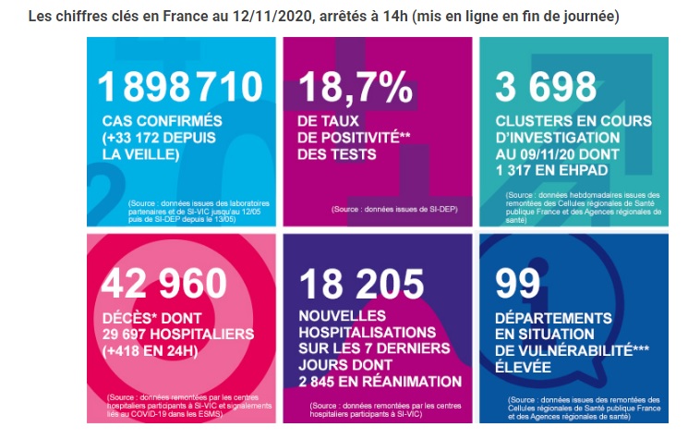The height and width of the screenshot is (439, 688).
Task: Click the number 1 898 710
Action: click(x=180, y=87)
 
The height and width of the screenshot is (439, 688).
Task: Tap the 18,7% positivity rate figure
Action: click(x=356, y=88)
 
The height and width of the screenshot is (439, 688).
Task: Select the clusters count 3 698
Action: click(x=546, y=87)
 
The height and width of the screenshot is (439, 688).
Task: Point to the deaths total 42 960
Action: click(x=163, y=284)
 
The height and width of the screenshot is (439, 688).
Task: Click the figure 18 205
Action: click(x=362, y=284)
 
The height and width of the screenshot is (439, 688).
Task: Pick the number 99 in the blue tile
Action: click(x=518, y=284)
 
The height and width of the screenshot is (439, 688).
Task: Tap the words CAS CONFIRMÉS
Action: click(x=163, y=121)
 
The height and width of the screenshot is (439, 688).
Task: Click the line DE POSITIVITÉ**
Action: click(x=354, y=138)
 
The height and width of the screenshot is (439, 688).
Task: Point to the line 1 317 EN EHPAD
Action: click(x=552, y=170)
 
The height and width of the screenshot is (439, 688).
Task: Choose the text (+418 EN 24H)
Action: click(x=150, y=351)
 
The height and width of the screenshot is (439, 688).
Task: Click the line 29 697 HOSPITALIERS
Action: click(x=178, y=334)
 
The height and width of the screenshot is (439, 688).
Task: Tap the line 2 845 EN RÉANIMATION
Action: click(x=380, y=382)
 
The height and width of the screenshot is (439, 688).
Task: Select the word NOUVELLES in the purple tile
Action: click(x=343, y=316)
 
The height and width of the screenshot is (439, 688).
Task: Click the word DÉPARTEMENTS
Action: click(x=553, y=318)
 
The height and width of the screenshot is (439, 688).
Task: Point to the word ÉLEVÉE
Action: click(x=523, y=367)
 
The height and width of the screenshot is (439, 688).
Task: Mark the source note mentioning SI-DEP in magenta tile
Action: click(x=394, y=210)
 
